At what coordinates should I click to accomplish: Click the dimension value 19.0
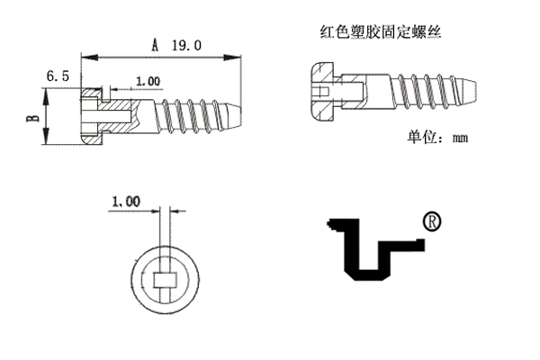pyautogui.click(x=186, y=44)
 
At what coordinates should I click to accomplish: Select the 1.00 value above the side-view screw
pyautogui.click(x=148, y=82)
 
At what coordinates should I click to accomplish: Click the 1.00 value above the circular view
pyautogui.click(x=126, y=202)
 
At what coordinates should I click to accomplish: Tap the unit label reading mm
pyautogui.click(x=461, y=139)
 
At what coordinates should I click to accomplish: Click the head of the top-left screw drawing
pyautogui.click(x=94, y=116)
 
